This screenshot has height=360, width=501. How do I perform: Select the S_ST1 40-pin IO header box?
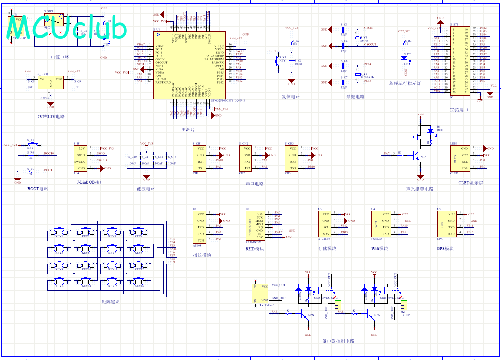point(459,60)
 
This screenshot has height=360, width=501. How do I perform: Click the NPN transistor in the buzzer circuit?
point(418,156)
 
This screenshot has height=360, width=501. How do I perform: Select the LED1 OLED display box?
point(458,158)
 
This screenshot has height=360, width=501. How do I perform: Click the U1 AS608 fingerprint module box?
point(200,227)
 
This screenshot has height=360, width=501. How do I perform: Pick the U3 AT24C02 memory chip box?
point(326,224)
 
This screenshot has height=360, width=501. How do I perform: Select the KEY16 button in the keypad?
point(139,284)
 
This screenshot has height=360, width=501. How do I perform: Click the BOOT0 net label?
point(48,153)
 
